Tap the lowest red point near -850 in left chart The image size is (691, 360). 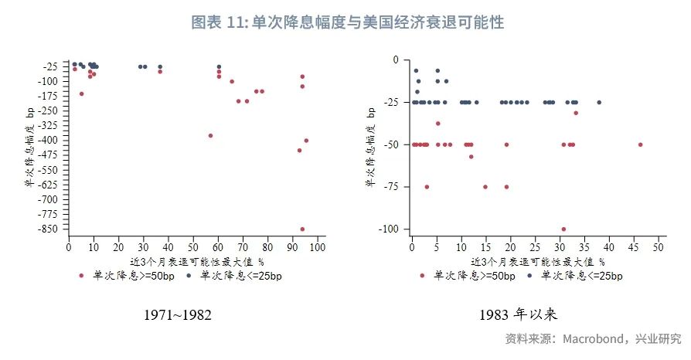(302, 229)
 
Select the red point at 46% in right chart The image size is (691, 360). (640, 144)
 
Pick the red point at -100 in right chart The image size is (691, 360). (563, 229)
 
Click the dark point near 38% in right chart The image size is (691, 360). (598, 102)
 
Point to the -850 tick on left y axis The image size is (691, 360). (51, 229)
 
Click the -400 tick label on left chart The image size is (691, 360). (51, 141)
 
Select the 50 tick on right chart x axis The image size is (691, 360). (658, 247)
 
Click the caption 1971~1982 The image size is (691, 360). (178, 315)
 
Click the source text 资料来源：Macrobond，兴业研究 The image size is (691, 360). (594, 338)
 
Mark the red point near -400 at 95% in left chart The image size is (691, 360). (306, 141)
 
